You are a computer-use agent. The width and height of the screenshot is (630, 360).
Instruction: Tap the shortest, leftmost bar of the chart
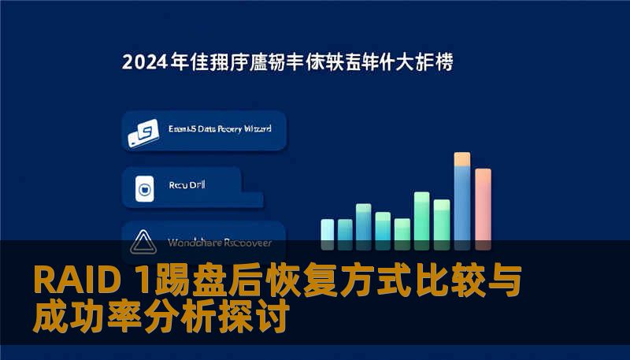coord(327,229)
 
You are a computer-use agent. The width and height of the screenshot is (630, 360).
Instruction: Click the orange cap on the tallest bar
coord(462,158)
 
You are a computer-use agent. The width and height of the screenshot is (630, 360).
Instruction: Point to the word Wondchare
coord(192,242)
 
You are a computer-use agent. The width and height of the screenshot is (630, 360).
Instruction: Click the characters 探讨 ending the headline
coord(265,318)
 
